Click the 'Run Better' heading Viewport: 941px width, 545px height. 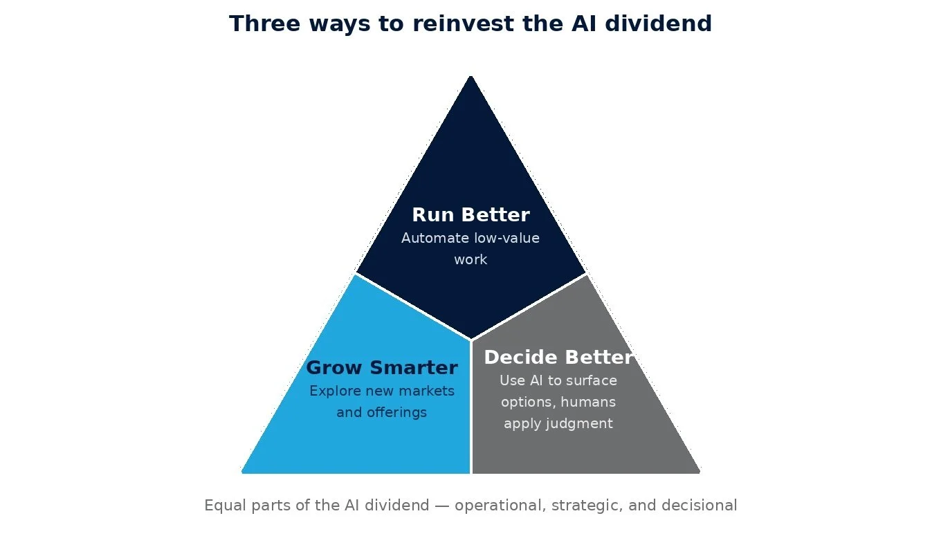[470, 215]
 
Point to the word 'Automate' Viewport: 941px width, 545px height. [434, 238]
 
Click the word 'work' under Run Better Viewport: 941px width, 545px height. [470, 259]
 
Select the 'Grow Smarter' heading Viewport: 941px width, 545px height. [382, 368]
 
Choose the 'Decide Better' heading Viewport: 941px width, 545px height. [558, 358]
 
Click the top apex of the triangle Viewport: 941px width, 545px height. [470, 76]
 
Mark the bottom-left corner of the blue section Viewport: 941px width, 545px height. [243, 472]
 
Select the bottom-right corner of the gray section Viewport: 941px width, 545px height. [699, 472]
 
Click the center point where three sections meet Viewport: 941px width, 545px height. [470, 340]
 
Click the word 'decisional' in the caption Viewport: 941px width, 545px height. [699, 506]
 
